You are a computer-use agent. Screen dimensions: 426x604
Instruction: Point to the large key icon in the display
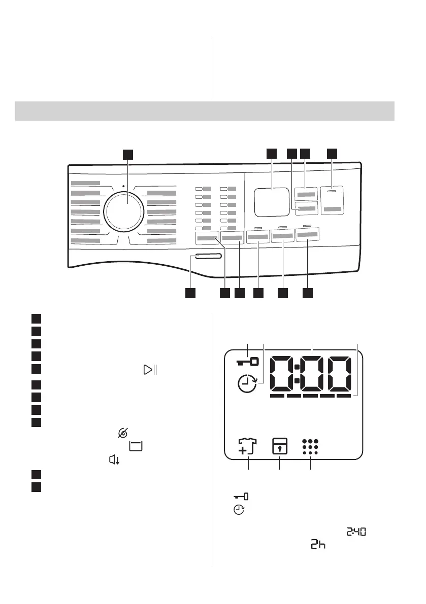coord(247,362)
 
